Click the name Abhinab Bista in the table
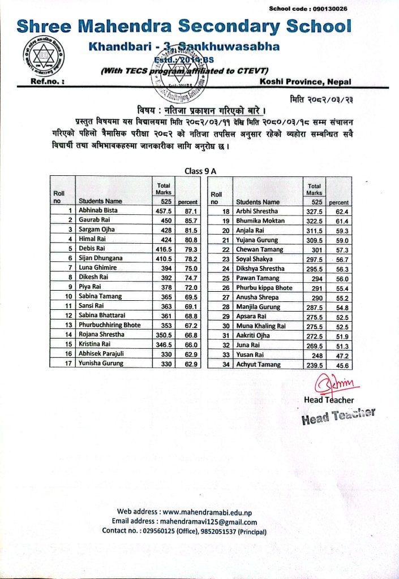tap(98, 210)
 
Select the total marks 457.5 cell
tap(164, 210)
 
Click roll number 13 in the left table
tap(68, 325)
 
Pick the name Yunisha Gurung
tap(101, 364)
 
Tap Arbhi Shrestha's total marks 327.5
tap(314, 211)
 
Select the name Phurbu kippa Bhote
tap(264, 288)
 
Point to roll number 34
tap(226, 364)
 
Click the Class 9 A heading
tap(200, 171)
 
